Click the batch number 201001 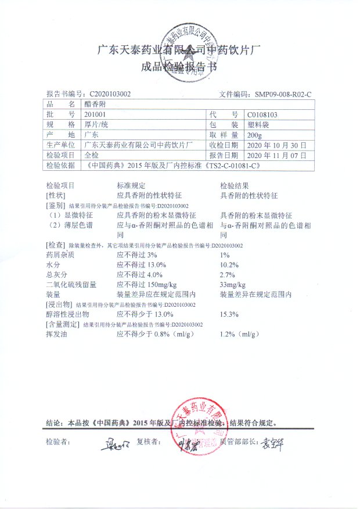[x=94, y=114]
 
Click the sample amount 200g [x=254, y=135]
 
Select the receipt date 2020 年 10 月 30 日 [x=278, y=145]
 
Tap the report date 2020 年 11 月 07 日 [x=278, y=156]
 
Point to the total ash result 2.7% [x=228, y=275]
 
